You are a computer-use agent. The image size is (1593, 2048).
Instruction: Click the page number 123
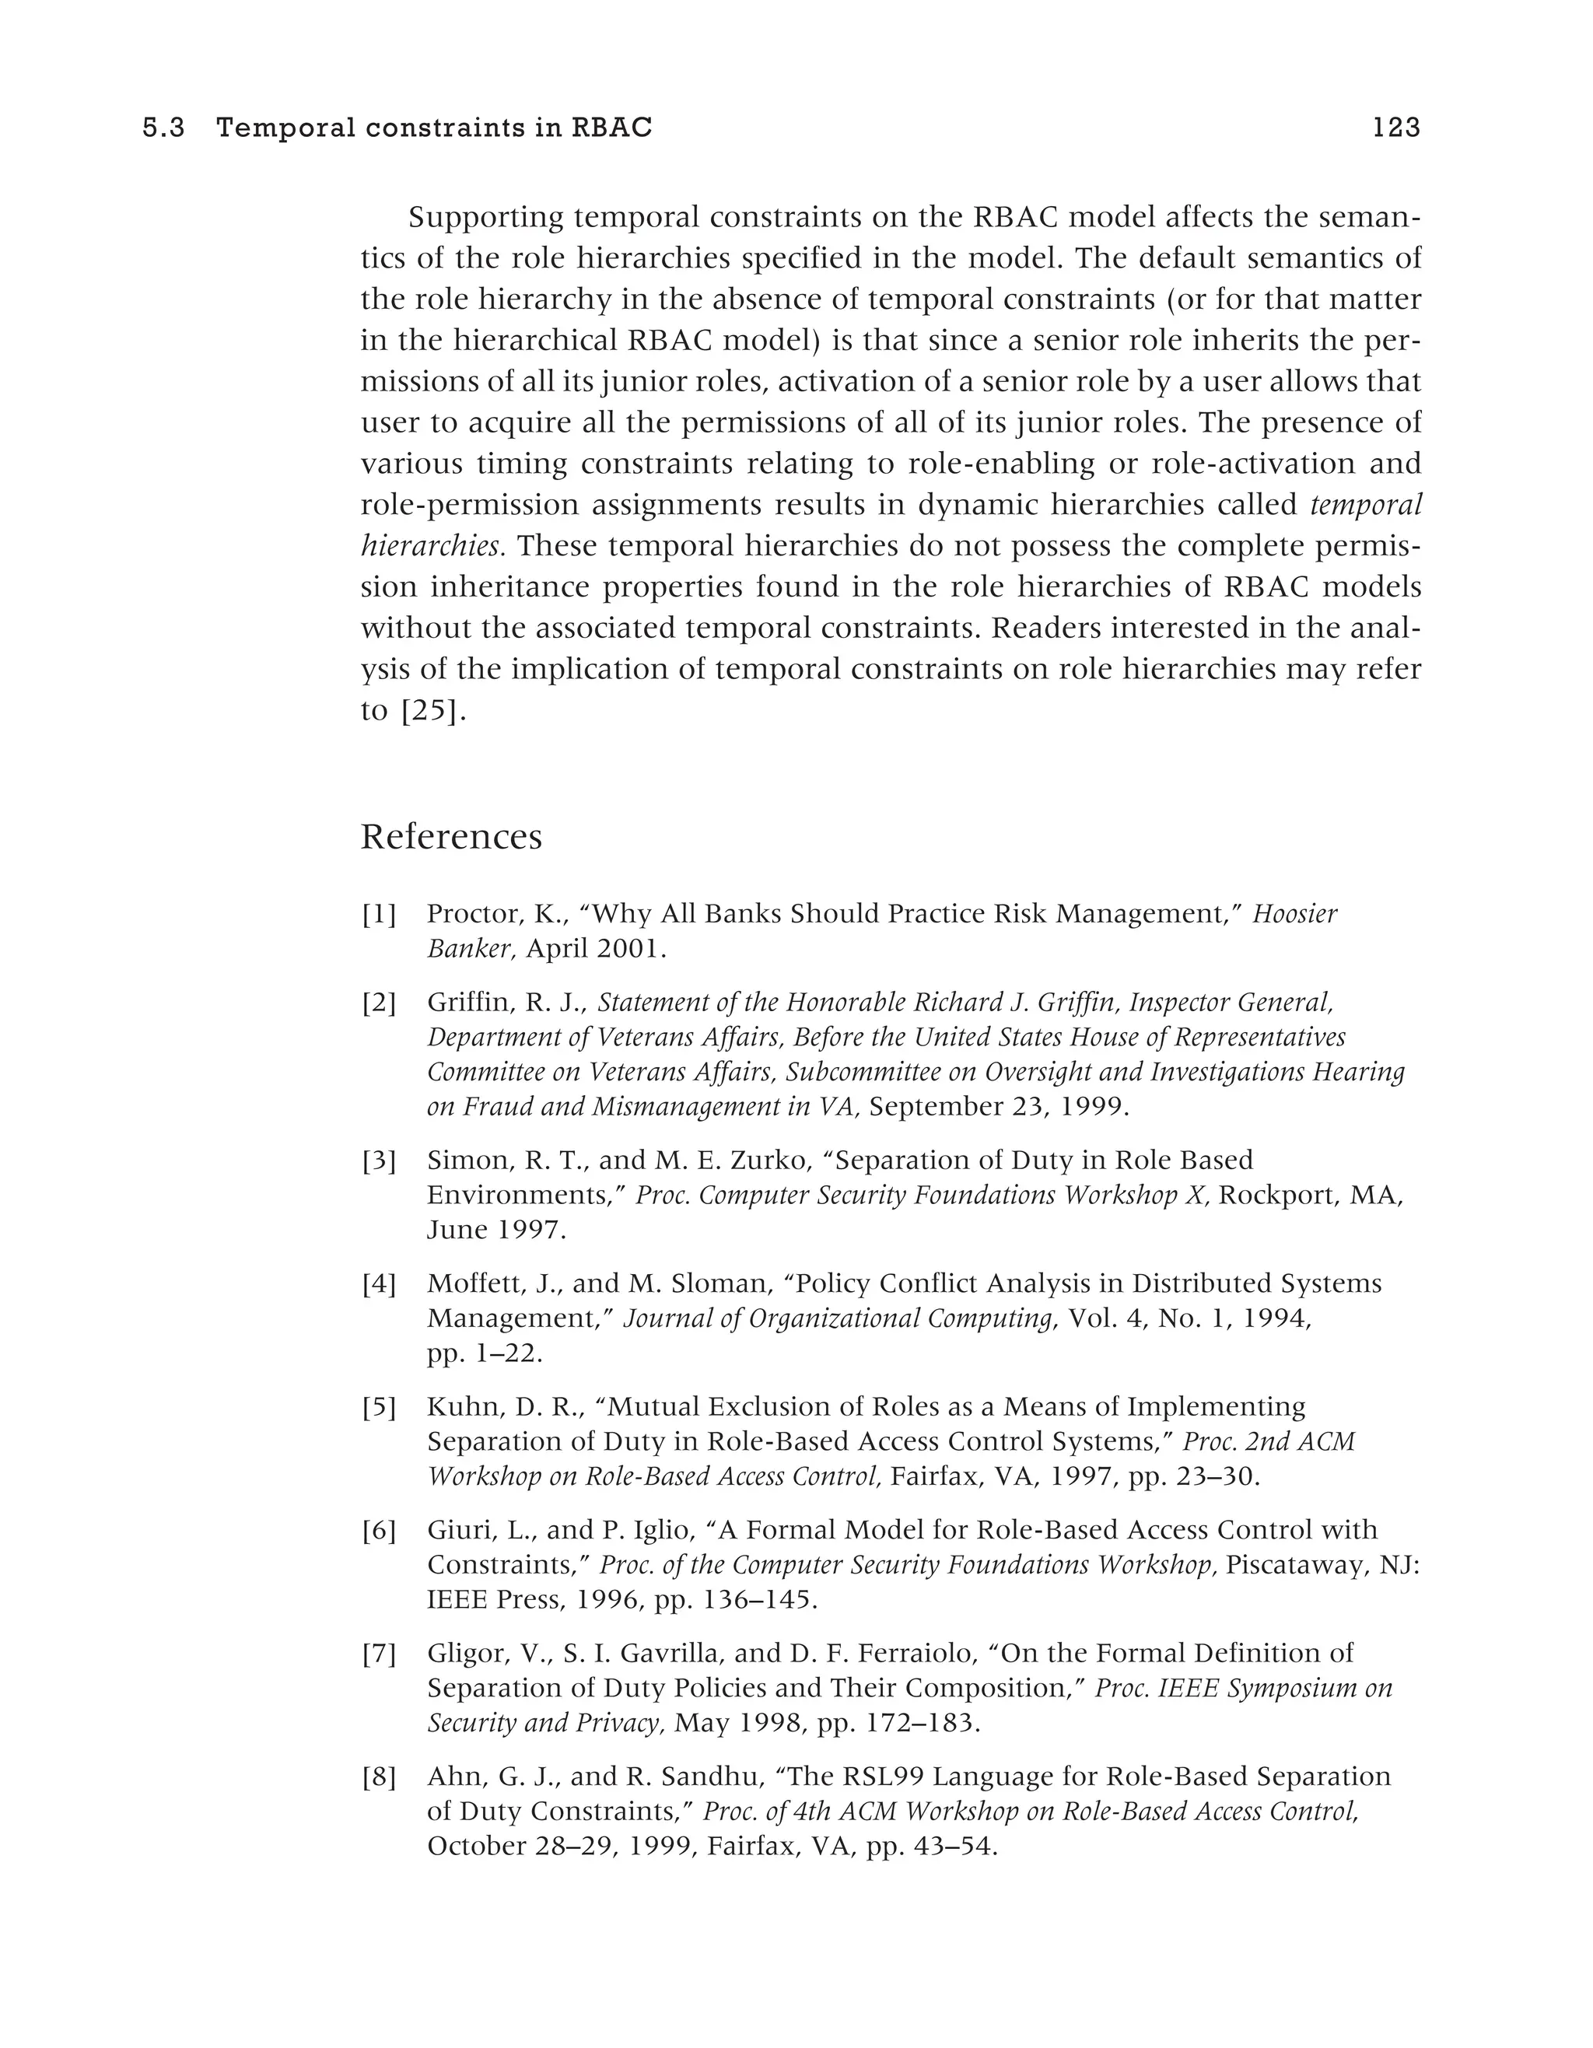coord(1395,128)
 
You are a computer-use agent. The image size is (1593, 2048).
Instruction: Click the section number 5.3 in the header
coord(163,128)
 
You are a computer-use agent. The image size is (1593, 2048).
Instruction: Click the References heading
coord(451,836)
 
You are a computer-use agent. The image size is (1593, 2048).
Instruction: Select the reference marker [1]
coord(379,913)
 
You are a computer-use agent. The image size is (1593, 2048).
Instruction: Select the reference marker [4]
coord(379,1283)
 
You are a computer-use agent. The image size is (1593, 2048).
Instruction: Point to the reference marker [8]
coord(379,1777)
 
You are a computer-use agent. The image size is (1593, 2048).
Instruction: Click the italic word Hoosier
coord(1295,913)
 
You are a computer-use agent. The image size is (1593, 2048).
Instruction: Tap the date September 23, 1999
coord(998,1107)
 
